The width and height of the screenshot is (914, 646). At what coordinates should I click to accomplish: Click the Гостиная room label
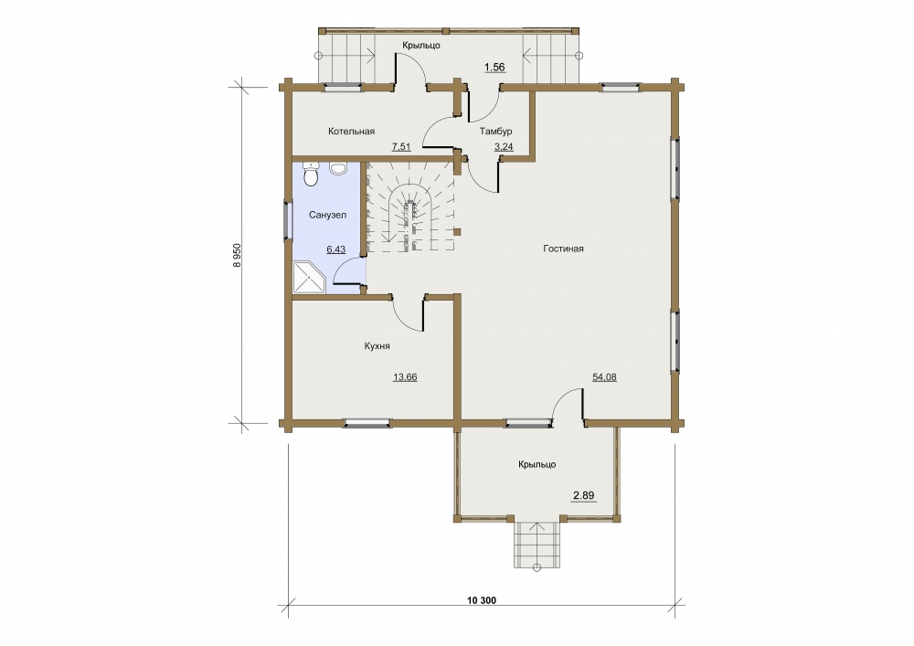coord(563,249)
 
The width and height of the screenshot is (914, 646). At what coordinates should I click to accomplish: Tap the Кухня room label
coord(377,346)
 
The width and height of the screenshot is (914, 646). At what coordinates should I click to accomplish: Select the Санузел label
coord(327,215)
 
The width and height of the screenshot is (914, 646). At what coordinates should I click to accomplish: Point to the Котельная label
coord(351,131)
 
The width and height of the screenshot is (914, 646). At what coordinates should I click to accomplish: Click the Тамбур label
coord(495,131)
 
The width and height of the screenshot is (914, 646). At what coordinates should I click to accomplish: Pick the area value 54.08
coord(604,376)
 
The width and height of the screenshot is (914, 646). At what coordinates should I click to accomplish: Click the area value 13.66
coord(405,376)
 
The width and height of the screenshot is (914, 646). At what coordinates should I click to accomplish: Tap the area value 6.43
coord(335,249)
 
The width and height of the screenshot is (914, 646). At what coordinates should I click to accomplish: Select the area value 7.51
coord(401,147)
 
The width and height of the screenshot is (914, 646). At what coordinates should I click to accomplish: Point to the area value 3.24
coord(504,147)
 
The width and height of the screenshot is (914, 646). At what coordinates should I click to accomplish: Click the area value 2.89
coord(583,496)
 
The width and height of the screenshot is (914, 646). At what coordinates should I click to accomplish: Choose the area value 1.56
coord(494,67)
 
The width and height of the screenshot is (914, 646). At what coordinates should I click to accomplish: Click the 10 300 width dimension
coord(482,600)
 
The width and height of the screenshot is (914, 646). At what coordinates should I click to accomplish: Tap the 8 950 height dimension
coord(237,255)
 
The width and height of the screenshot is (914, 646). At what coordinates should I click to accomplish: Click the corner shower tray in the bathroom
coord(310,279)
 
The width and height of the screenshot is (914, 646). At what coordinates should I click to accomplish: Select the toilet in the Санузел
coord(312,175)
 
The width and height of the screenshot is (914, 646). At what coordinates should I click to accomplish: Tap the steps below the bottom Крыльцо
coord(537,545)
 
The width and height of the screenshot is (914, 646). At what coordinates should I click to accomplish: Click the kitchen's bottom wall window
coord(367,423)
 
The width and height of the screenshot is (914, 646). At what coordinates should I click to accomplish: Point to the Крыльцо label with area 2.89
coord(537,465)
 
